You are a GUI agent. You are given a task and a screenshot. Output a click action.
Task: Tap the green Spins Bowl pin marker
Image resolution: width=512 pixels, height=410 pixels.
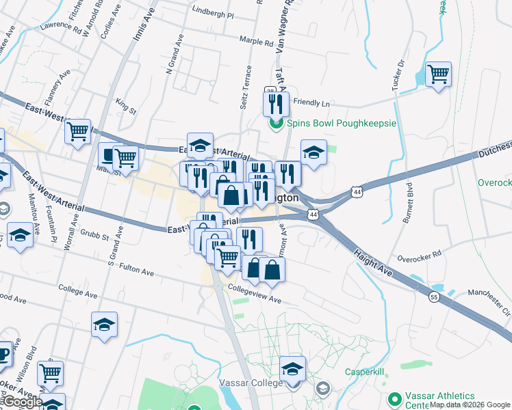[x=277, y=124]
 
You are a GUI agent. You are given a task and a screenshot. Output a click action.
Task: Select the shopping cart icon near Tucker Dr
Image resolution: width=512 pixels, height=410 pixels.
[x=438, y=73]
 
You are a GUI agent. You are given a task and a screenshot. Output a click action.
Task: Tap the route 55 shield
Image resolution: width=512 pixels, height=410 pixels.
[x=434, y=297]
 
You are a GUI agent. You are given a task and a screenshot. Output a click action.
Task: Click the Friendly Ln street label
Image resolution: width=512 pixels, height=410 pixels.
[x=311, y=103]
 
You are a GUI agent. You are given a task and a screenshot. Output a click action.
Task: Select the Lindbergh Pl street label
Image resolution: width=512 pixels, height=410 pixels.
[x=213, y=14]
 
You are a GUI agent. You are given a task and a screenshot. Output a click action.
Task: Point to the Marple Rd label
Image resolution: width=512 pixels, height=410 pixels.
[x=257, y=42]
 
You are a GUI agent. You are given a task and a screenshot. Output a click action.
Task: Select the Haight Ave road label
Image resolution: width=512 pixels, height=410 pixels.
[x=373, y=263]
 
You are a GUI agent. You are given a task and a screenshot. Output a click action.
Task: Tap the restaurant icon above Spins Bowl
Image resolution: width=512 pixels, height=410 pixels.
[x=272, y=102]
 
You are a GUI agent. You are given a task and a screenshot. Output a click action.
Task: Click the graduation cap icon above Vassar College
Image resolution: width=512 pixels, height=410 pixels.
[x=292, y=368]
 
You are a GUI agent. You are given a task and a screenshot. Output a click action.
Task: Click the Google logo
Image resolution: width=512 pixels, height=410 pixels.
[x=22, y=402]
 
